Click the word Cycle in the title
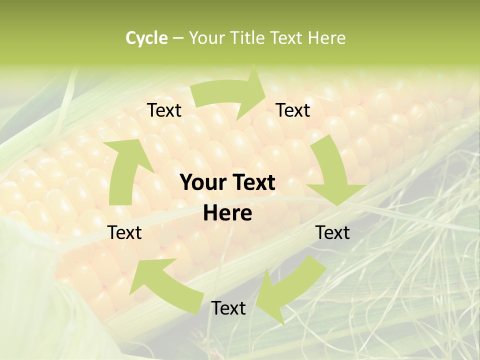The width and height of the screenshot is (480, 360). click(146, 38)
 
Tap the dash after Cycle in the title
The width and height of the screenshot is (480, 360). click(178, 38)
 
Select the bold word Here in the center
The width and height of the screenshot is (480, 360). click(227, 213)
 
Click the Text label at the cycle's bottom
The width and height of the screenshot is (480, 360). click(228, 308)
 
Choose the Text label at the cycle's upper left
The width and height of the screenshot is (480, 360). click(164, 110)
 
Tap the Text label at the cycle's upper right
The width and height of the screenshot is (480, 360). click(293, 110)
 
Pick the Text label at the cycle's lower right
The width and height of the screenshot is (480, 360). click(332, 232)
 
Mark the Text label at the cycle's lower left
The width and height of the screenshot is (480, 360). click(125, 232)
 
